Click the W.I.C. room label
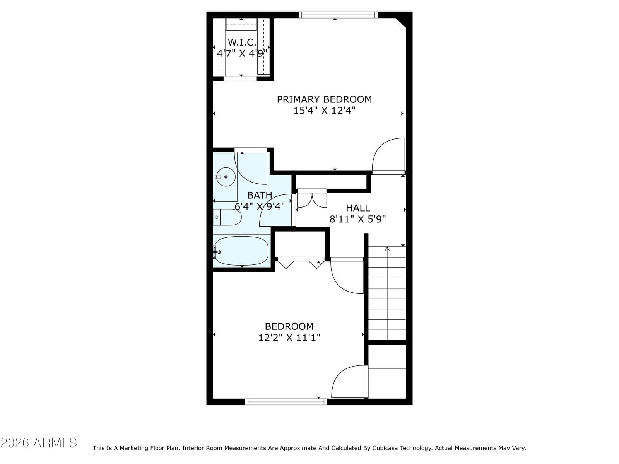click(x=242, y=42)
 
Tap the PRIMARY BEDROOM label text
click(x=324, y=99)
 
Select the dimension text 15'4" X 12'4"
click(x=324, y=111)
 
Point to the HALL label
click(x=357, y=208)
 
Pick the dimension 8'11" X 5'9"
click(x=357, y=219)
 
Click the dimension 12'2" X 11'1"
click(x=289, y=338)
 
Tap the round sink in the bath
click(x=226, y=177)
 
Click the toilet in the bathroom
click(x=227, y=217)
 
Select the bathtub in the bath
click(x=241, y=251)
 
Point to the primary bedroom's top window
click(x=338, y=15)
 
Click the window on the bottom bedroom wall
click(x=286, y=402)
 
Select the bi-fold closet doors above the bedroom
click(x=301, y=263)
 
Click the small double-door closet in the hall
click(x=312, y=199)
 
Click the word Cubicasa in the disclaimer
click(x=385, y=448)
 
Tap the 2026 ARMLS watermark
click(x=39, y=443)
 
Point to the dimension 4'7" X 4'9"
click(x=242, y=53)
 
